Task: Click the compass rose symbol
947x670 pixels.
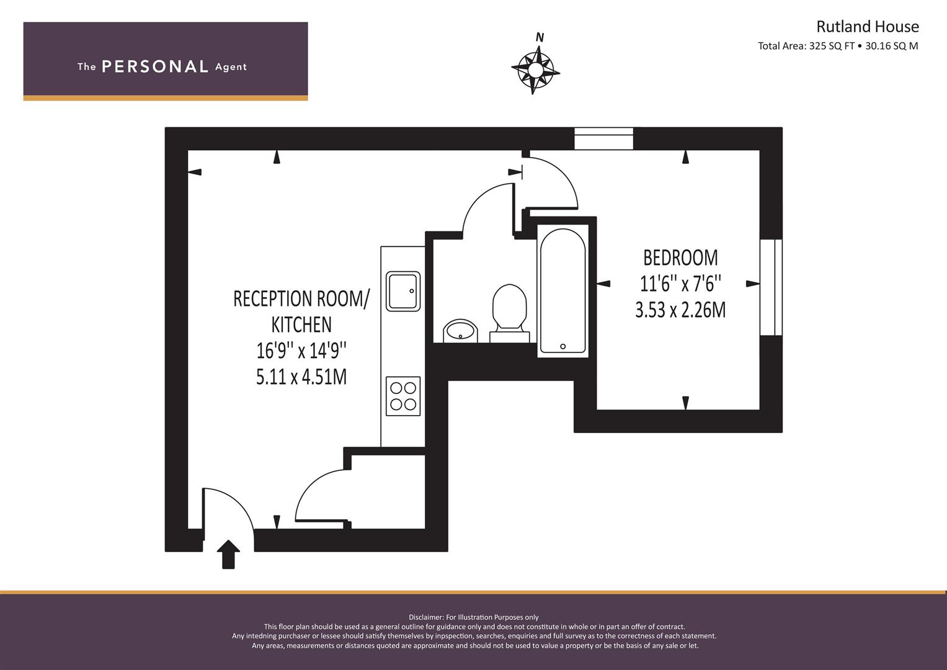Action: pos(535,69)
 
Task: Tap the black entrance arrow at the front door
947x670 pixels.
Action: pos(228,554)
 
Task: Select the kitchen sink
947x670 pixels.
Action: pos(403,292)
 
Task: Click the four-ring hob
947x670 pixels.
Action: pos(403,396)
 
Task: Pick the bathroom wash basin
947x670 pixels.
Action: pos(460,331)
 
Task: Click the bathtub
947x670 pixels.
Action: pos(562,291)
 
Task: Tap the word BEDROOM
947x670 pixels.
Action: pos(680,257)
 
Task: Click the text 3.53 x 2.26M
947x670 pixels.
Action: pos(680,310)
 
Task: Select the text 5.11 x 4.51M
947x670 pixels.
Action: pos(301,377)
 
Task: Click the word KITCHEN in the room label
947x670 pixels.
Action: pos(301,324)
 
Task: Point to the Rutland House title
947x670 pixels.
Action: pos(868,27)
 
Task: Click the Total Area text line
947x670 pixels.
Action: pos(838,46)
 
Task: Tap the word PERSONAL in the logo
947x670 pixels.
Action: pos(155,66)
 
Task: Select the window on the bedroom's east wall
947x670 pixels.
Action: pos(771,288)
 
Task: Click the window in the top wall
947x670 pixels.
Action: pos(603,138)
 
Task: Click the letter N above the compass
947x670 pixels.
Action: pos(540,37)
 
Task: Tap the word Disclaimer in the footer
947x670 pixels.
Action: pos(425,617)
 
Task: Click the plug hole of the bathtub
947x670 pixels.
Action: pos(562,346)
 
